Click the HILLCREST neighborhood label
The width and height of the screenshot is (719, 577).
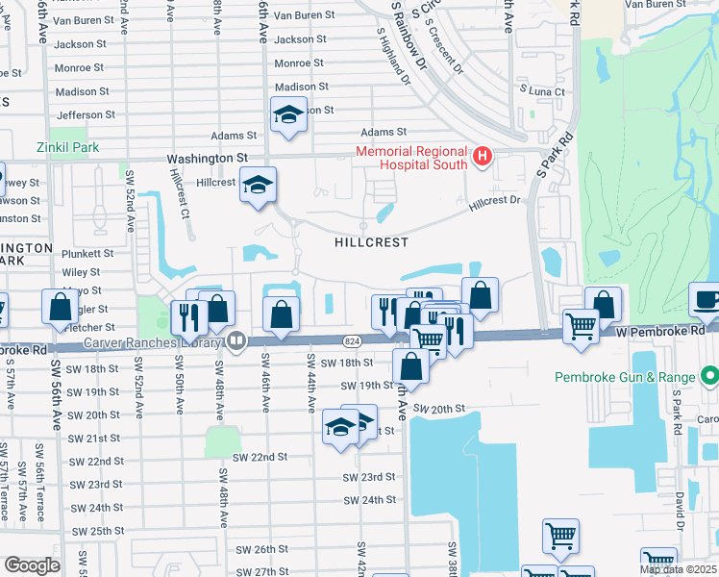tap(371, 243)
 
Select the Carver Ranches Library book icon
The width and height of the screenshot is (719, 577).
tap(235, 340)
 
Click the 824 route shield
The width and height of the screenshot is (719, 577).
tap(352, 340)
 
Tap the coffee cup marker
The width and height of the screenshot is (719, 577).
tap(706, 299)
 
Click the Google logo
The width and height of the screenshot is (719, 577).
tap(32, 565)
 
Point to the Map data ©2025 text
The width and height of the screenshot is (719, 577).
tap(678, 569)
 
